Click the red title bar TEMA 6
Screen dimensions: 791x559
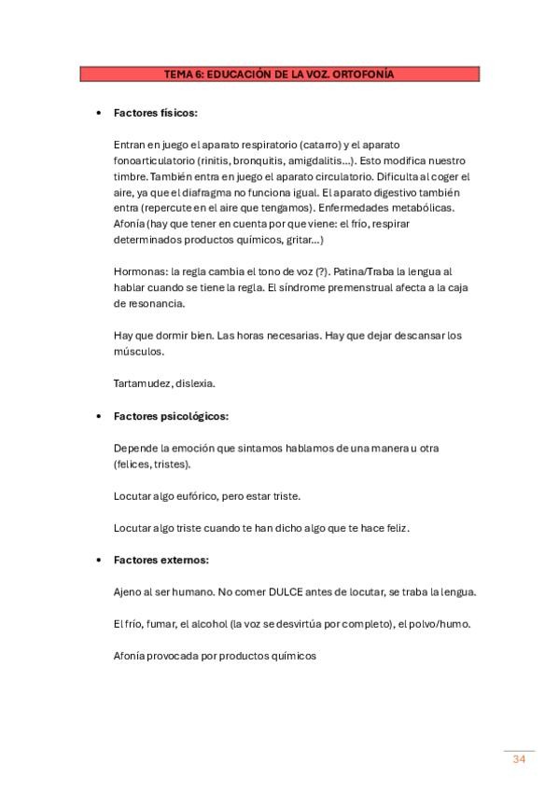point(279,73)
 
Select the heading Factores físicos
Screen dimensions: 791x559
point(155,113)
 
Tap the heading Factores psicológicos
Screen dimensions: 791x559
point(171,416)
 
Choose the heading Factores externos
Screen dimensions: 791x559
point(161,560)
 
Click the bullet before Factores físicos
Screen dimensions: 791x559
point(99,113)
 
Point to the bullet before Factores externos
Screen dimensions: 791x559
point(99,560)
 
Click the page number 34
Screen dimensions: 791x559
point(519,759)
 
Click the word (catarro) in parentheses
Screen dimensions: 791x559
point(320,145)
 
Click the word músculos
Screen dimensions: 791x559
point(138,352)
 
